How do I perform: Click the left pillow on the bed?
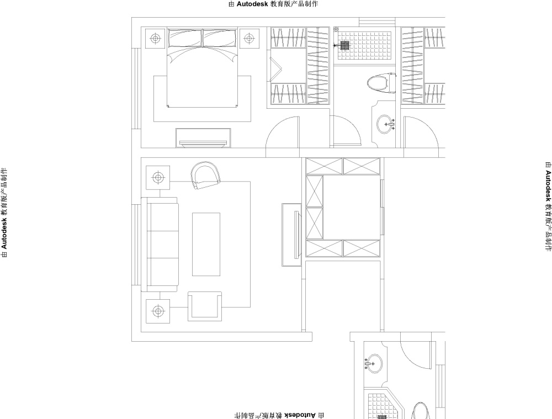click(185, 38)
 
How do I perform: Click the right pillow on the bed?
click(219, 38)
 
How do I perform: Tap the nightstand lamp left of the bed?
click(155, 38)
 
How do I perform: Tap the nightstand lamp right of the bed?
click(250, 38)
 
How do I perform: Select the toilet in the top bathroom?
click(381, 83)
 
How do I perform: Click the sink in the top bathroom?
click(386, 124)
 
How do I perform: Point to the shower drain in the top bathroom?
click(344, 45)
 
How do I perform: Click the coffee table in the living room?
click(206, 244)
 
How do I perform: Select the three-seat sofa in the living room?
click(160, 245)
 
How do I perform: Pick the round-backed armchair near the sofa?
click(205, 175)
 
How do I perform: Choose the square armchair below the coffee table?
click(205, 306)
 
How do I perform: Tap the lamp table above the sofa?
click(158, 177)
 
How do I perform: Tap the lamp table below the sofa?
click(158, 311)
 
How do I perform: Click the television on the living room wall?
click(297, 235)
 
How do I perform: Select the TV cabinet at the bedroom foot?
click(203, 137)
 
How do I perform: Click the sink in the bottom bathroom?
click(373, 363)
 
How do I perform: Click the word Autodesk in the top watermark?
click(252, 4)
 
